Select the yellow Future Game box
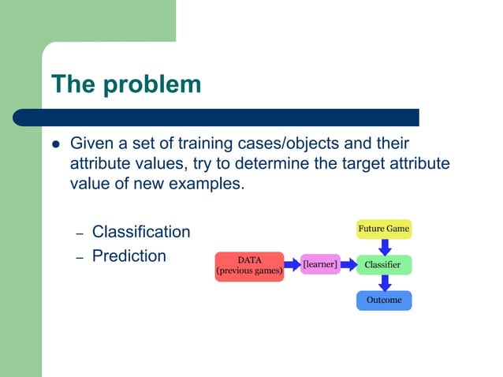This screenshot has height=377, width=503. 384,230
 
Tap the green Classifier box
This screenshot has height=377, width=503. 384,265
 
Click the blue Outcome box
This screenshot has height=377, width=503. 384,300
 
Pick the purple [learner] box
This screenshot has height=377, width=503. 320,265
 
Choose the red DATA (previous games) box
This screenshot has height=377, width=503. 249,266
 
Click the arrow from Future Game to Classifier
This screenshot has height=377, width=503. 384,247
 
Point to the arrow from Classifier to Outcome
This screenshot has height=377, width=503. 384,282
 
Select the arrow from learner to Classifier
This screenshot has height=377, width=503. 348,265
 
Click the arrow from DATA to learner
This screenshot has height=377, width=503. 292,265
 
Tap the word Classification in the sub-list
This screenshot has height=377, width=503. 141,232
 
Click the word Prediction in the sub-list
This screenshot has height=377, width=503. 129,256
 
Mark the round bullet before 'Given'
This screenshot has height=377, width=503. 55,145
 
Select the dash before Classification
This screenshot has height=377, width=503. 79,234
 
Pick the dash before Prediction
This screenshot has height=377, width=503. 79,258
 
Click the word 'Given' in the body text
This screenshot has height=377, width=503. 91,144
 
